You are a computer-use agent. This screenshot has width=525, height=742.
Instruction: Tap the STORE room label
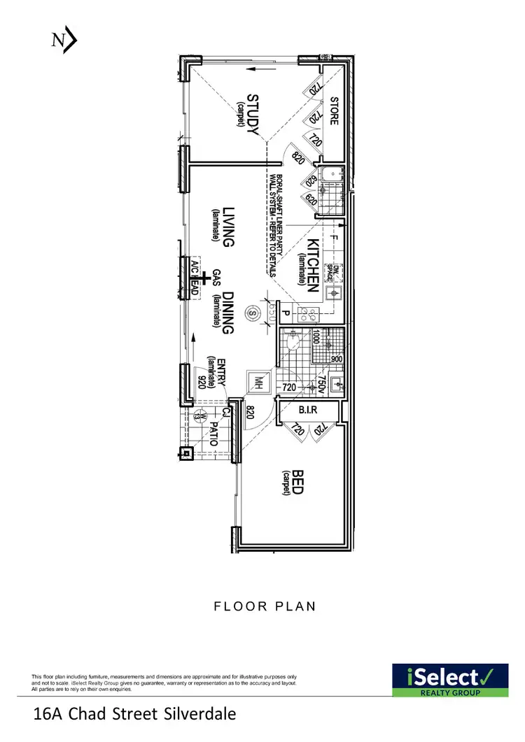(x=334, y=110)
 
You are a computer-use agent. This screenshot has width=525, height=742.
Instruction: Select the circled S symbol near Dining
(x=252, y=313)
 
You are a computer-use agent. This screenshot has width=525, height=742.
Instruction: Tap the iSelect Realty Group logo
(x=449, y=680)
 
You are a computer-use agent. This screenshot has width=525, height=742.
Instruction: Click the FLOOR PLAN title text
(x=265, y=606)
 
